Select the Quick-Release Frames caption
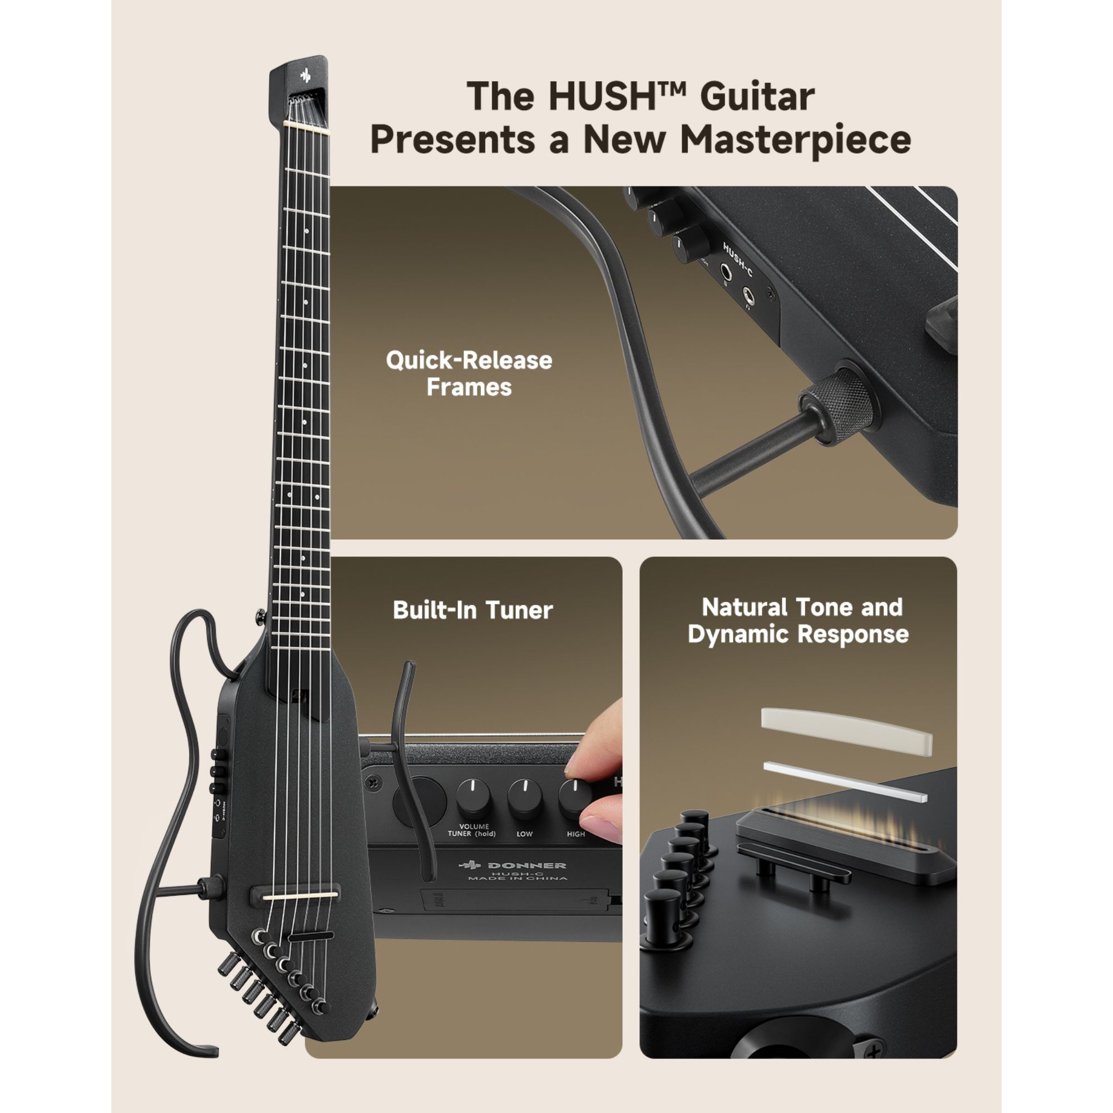[x=469, y=373]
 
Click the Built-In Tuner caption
[x=472, y=610]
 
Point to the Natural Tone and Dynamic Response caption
[x=799, y=620]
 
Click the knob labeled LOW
[x=524, y=797]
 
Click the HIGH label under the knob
[x=575, y=834]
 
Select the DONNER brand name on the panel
[x=526, y=865]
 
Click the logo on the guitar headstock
[x=306, y=75]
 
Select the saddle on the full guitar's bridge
[x=299, y=896]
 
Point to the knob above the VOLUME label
[x=473, y=797]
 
